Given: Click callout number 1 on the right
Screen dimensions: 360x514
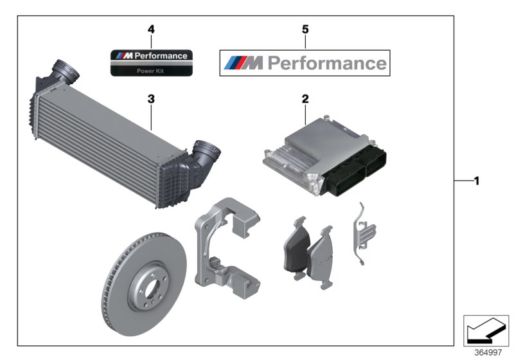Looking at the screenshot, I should coord(476,182).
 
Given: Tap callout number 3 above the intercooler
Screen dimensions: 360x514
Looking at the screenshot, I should coord(150,99).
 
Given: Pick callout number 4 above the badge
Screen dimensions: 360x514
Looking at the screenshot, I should coord(151,30).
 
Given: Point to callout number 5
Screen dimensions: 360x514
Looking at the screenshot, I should coord(305,30).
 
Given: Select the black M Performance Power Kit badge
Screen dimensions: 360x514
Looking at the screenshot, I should coord(151,62).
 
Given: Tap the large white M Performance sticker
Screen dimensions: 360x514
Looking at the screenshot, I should coord(305,62).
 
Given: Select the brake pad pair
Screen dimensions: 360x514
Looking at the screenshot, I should coord(308,251).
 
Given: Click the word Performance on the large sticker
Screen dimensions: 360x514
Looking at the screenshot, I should coord(326,63).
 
